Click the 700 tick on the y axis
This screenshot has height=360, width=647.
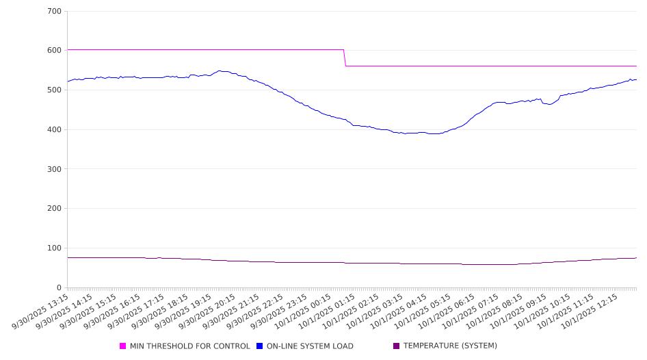(54, 12)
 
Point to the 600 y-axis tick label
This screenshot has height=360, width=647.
(54, 51)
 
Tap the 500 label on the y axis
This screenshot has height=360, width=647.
(54, 90)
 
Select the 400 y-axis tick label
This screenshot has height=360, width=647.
(54, 130)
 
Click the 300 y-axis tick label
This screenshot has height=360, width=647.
(54, 169)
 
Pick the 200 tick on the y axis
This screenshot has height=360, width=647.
(54, 209)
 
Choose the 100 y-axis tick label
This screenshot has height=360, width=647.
(54, 248)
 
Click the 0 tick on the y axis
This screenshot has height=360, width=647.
(59, 288)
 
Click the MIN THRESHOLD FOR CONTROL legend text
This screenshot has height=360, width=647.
(189, 346)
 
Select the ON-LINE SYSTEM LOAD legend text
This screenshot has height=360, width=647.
(310, 346)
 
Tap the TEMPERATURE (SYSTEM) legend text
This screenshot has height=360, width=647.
(450, 346)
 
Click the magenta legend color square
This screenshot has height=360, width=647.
(123, 346)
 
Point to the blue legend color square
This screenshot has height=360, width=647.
(260, 346)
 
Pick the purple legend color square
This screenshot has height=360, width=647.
(397, 346)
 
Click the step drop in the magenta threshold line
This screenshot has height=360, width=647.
(345, 57)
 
